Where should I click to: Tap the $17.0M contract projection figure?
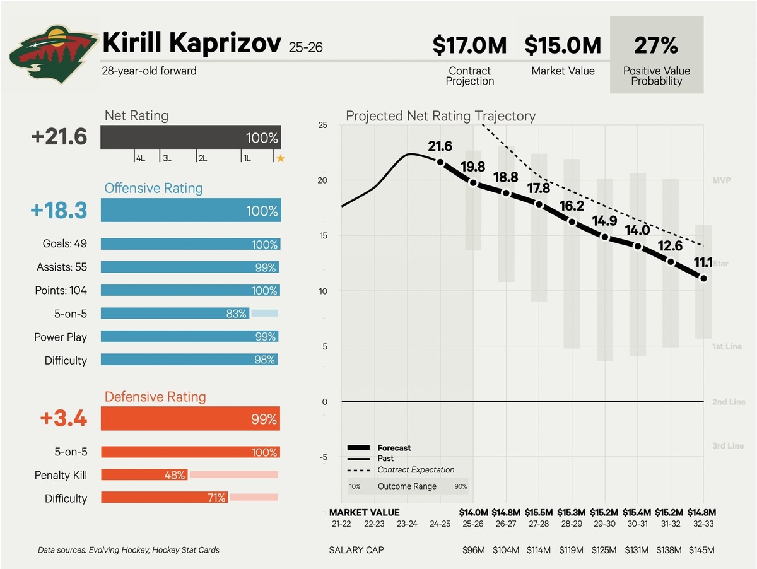pos(470,45)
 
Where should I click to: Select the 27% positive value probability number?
pos(657,45)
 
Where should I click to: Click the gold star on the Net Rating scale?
pos(281,158)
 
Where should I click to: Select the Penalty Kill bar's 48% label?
pos(174,475)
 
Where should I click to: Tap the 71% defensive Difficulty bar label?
pos(216,498)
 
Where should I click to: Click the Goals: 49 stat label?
pos(61,244)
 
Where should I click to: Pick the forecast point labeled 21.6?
pos(440,162)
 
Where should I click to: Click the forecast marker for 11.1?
pos(703,278)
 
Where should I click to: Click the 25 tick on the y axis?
pos(322,125)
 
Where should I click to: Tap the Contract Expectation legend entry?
pos(416,470)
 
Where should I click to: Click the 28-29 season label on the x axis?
pos(572,524)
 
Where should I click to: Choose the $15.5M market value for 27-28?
pos(539,513)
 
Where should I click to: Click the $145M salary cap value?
pos(703,550)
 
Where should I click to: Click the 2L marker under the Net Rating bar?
pos(202,158)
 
